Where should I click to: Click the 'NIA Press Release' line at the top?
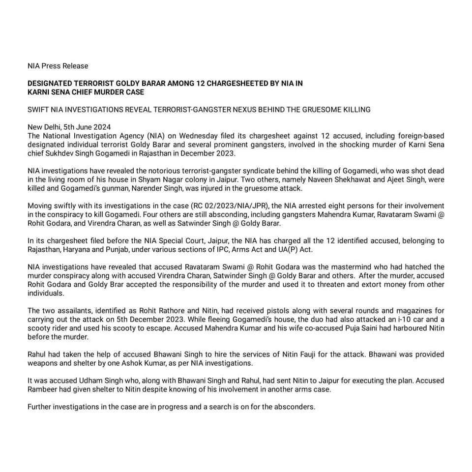(58, 65)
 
